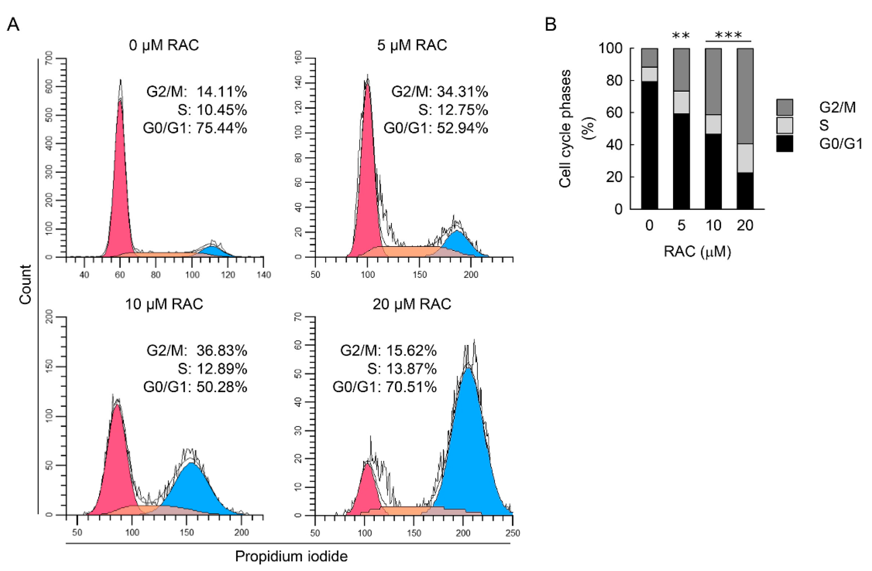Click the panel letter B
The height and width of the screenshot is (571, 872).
551,25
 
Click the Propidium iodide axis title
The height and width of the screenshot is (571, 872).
291,556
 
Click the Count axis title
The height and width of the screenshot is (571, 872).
25,284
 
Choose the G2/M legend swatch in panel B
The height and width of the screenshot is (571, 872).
784,107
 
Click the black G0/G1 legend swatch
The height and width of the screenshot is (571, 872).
784,144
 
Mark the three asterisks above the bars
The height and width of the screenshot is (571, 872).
728,36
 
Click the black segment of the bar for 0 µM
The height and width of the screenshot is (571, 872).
649,146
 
